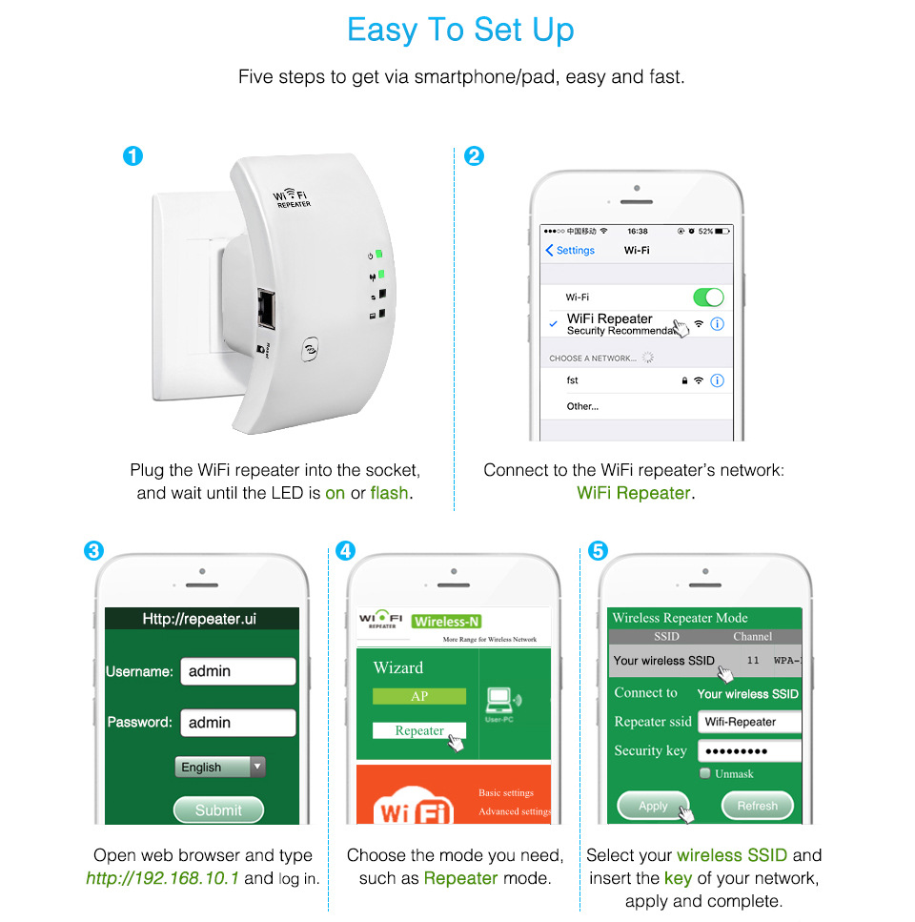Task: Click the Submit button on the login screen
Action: [x=218, y=809]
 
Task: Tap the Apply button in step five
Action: [x=654, y=806]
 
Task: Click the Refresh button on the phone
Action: [x=757, y=806]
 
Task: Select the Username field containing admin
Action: [x=237, y=671]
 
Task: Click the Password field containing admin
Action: [x=237, y=722]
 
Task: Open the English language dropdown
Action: [x=220, y=767]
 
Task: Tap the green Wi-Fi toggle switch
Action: [x=707, y=297]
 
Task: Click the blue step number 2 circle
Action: [x=474, y=155]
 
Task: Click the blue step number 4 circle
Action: [x=345, y=550]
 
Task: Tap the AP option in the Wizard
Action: [x=419, y=696]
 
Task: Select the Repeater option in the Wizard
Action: [x=419, y=730]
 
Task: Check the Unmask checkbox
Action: [x=705, y=773]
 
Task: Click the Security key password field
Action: [x=749, y=750]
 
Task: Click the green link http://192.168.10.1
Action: [x=163, y=878]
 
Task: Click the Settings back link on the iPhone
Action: [x=570, y=250]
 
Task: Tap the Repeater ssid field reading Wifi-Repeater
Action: [x=749, y=722]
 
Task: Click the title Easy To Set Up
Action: [x=460, y=30]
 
